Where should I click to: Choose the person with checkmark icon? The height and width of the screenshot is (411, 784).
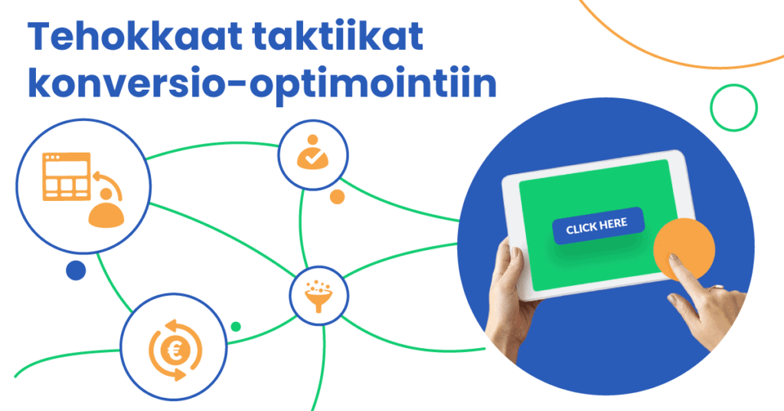312,155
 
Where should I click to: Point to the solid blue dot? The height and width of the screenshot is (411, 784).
76,270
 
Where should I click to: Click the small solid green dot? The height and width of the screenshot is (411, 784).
236,327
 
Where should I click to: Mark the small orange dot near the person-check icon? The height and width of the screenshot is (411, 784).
337,196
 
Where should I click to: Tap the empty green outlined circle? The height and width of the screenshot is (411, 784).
733,107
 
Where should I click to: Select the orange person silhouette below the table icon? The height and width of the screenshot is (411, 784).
105,214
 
